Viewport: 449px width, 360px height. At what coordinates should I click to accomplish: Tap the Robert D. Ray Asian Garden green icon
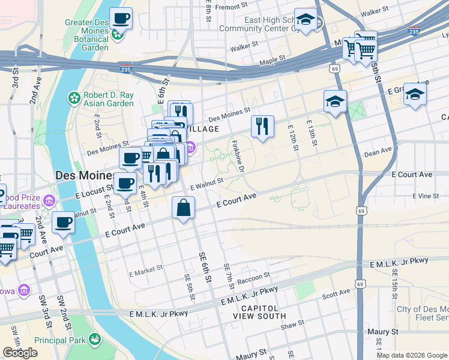tap(74, 98)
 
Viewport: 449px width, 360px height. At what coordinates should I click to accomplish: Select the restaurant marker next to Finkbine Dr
tap(262, 126)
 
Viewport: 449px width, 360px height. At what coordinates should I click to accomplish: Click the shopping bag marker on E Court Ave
tap(184, 208)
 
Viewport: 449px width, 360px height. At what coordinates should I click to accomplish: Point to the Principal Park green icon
tap(94, 340)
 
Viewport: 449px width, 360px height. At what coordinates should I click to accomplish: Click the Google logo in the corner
tap(20, 353)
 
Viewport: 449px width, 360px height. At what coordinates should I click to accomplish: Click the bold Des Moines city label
tap(85, 176)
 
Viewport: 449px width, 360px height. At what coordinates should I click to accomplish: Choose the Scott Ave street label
tap(336, 293)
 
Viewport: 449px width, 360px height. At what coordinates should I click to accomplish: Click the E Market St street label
tap(146, 270)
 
